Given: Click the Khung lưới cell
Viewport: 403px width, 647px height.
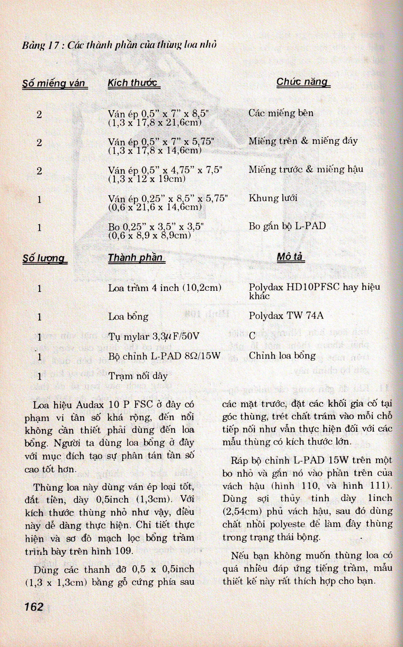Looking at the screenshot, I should (x=273, y=198).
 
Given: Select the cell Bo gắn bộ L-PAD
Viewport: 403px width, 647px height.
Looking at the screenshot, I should (x=287, y=226).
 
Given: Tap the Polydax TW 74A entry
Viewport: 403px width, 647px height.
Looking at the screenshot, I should (x=286, y=315).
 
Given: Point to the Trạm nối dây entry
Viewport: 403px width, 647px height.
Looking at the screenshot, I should (x=138, y=376).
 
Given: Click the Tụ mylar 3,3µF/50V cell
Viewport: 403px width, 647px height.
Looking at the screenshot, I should (x=153, y=337).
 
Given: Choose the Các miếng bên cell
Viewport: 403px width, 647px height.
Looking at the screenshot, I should (x=281, y=113).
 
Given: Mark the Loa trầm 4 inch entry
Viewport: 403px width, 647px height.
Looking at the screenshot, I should (x=164, y=288).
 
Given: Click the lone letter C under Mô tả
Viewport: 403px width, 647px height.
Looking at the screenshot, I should (x=252, y=336).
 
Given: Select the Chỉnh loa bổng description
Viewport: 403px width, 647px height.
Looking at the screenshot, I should (x=282, y=356).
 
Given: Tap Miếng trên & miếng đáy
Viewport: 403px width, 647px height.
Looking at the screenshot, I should (x=303, y=141).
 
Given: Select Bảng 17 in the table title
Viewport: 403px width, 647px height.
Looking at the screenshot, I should (x=40, y=45).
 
